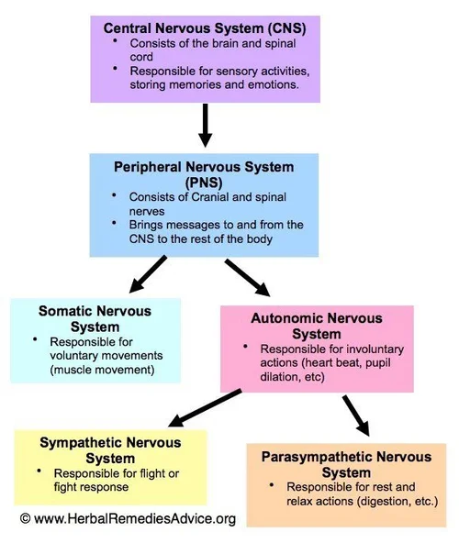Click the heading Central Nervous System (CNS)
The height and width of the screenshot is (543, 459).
coord(205,28)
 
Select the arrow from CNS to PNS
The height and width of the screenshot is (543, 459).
coord(205,127)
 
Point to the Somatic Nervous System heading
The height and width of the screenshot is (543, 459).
coord(95,319)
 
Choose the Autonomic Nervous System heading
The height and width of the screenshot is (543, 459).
coord(303,326)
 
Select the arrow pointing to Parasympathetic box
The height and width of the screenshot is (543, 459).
coord(355,416)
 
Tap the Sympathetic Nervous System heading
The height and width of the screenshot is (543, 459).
coord(110,449)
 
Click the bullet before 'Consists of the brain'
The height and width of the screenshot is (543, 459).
coord(116,42)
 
